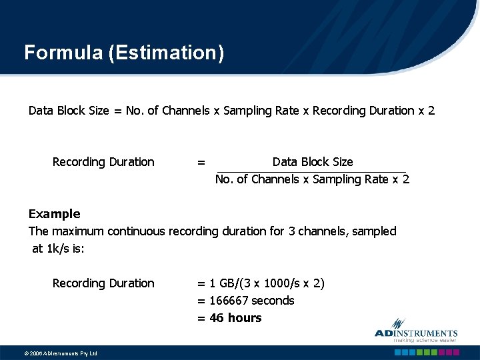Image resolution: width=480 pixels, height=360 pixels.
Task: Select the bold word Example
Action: [54, 214]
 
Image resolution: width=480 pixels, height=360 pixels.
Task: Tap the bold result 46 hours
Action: [235, 318]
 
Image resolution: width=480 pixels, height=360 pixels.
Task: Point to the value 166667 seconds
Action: [251, 301]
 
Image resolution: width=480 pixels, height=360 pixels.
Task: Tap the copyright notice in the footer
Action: [51, 353]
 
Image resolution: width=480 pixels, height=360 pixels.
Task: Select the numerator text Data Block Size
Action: [313, 162]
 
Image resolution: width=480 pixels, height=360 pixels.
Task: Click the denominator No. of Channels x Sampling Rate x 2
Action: [312, 179]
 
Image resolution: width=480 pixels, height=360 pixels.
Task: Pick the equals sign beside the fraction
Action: [201, 163]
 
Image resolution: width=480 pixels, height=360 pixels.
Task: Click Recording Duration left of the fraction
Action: [103, 162]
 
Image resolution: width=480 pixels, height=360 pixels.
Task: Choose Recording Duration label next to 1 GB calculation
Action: [103, 283]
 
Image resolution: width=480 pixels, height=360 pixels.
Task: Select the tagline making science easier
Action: [416, 339]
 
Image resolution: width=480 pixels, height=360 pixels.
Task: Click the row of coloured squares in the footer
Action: [427, 353]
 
